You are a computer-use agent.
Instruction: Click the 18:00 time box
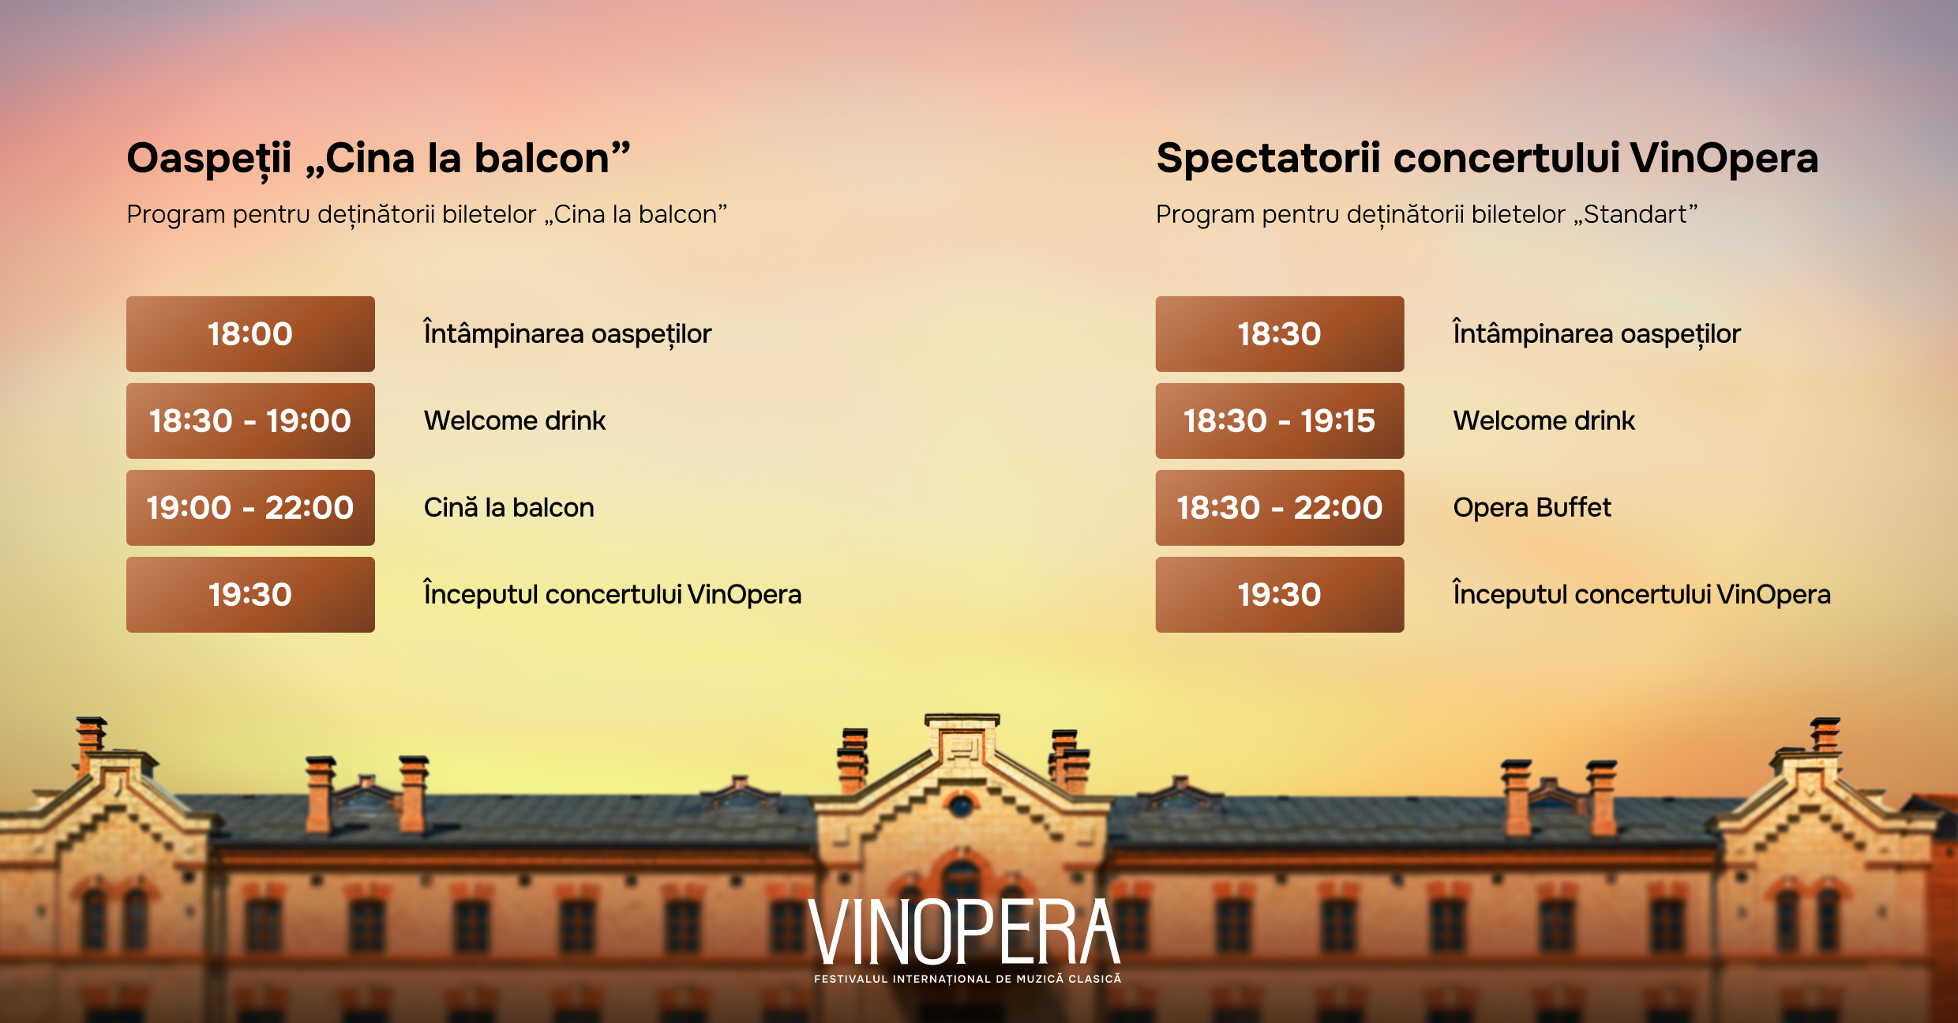250,334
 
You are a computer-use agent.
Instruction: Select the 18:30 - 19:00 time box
250,421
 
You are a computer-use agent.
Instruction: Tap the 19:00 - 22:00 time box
250,508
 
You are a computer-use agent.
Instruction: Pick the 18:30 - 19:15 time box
1280,421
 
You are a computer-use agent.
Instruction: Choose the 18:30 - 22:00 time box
1280,508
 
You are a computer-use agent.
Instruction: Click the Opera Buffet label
1532,507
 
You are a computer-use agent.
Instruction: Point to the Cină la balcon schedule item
509,507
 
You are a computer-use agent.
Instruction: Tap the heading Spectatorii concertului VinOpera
1487,158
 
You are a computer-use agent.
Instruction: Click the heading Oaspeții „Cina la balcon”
379,159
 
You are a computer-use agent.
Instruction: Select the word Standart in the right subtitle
1635,214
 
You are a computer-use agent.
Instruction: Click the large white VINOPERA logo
965,932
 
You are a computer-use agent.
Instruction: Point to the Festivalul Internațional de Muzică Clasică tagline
967,979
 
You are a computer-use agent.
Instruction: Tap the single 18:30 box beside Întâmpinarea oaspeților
1280,334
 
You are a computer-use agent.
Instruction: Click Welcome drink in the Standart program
1544,420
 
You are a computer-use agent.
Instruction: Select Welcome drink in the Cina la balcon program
515,420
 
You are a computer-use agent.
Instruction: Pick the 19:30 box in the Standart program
1280,595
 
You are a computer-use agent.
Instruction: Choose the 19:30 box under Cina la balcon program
250,595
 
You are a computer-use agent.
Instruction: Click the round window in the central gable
961,807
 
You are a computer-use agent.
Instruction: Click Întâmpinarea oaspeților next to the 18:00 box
568,333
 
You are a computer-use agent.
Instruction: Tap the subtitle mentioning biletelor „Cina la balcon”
426,215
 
